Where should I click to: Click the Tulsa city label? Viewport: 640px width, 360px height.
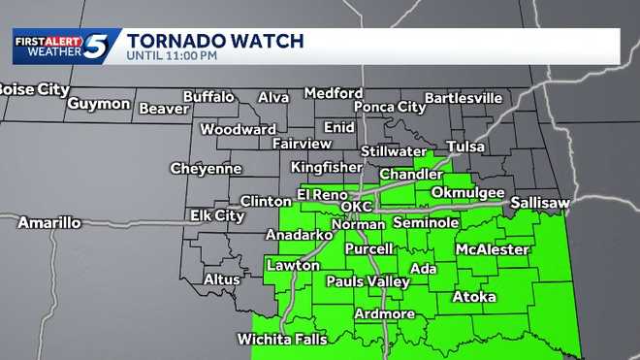point(465,147)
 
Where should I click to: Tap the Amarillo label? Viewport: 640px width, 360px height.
point(49,223)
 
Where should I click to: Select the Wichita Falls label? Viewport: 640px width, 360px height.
point(282,340)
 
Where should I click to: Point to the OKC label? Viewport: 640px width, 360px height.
point(357,208)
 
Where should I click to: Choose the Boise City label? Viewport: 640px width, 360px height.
point(33,89)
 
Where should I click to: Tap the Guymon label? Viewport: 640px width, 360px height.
point(99,103)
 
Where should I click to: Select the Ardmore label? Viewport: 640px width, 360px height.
point(384,313)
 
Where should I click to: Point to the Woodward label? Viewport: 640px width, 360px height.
point(238,129)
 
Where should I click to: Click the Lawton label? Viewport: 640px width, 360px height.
point(294,265)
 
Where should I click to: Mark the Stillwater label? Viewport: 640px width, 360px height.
point(395,151)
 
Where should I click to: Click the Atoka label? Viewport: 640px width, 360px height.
point(474,297)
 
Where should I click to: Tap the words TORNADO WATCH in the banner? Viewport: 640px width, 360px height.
point(215,41)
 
